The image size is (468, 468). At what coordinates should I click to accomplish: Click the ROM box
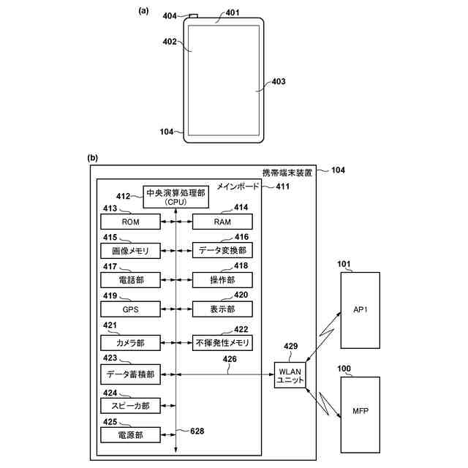click(x=130, y=222)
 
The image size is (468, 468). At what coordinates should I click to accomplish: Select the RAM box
click(x=222, y=222)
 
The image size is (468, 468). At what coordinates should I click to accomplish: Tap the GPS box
click(x=130, y=309)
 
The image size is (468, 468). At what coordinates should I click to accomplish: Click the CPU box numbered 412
click(x=175, y=197)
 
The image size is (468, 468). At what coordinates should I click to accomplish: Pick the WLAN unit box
click(x=290, y=375)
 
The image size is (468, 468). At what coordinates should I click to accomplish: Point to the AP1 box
click(x=361, y=310)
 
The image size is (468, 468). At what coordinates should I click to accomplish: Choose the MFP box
click(x=361, y=415)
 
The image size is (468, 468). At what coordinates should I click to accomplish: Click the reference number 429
click(x=291, y=346)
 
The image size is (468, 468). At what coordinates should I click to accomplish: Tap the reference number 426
click(x=230, y=359)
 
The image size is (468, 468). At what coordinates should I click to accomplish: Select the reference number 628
click(x=197, y=431)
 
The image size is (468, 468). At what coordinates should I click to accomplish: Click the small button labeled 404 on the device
click(x=193, y=16)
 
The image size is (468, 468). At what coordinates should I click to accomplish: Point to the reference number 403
click(x=279, y=81)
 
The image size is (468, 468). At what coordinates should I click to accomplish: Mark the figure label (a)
click(x=143, y=11)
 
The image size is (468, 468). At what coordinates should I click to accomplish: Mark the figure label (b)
click(x=93, y=158)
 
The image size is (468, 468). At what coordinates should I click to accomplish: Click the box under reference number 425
click(x=130, y=435)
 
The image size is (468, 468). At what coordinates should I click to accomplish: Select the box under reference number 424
click(x=130, y=406)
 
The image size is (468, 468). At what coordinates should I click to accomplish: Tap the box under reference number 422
click(x=222, y=343)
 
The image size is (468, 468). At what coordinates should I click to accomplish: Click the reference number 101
click(x=344, y=264)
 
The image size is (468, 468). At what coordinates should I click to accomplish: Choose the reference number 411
click(x=283, y=186)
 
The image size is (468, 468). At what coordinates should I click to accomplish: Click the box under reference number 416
click(x=222, y=250)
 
